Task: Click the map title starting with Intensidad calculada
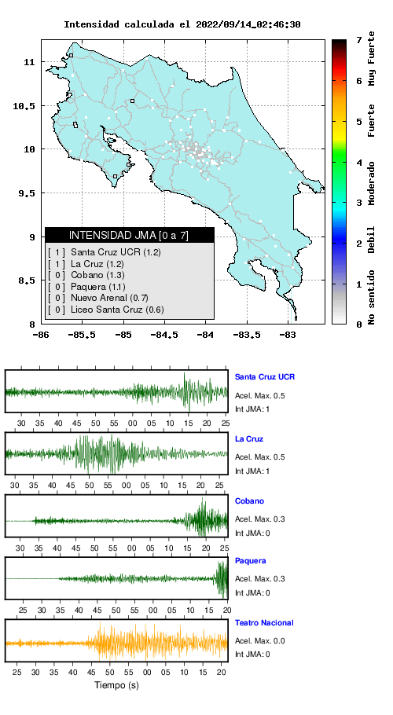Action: pyautogui.click(x=182, y=24)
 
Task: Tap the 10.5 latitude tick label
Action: pyautogui.click(x=24, y=106)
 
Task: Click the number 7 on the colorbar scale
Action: pyautogui.click(x=359, y=41)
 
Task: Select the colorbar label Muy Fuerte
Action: pyautogui.click(x=372, y=58)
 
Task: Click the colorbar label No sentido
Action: pyautogui.click(x=372, y=297)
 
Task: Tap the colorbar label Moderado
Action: pyautogui.click(x=372, y=183)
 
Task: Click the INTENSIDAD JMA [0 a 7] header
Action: pyautogui.click(x=129, y=235)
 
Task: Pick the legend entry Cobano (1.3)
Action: pyautogui.click(x=86, y=275)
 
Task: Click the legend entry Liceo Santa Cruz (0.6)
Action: pyautogui.click(x=106, y=310)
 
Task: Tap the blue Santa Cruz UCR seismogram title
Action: pyautogui.click(x=264, y=376)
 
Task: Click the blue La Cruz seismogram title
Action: pyautogui.click(x=249, y=438)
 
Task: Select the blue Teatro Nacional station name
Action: pyautogui.click(x=264, y=622)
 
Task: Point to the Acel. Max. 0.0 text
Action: pyautogui.click(x=260, y=640)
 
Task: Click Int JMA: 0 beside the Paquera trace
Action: pyautogui.click(x=252, y=592)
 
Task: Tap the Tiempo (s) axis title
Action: pyautogui.click(x=116, y=685)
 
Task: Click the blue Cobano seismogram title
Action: pyautogui.click(x=249, y=500)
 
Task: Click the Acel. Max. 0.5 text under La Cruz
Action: pyautogui.click(x=260, y=457)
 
